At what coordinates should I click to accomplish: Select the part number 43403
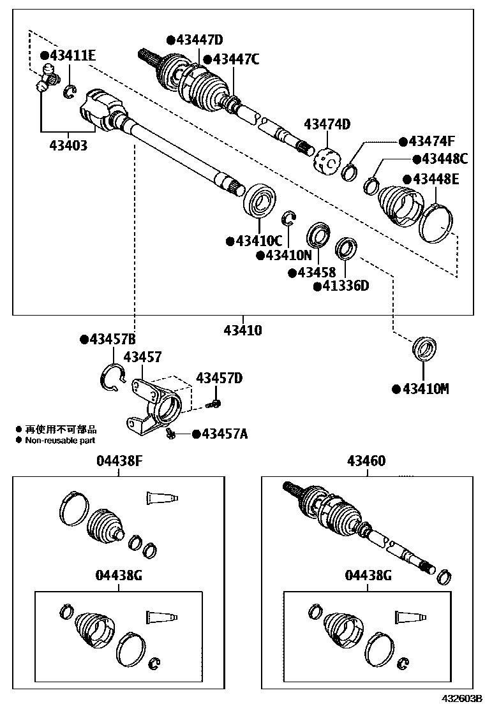click(68, 145)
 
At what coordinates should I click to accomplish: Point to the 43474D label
click(327, 124)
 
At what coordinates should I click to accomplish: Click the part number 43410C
click(258, 241)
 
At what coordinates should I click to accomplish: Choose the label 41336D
click(345, 286)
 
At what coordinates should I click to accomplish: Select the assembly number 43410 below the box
click(243, 330)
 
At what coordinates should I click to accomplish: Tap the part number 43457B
click(111, 339)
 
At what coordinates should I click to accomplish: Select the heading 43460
click(366, 461)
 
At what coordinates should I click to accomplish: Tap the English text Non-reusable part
click(61, 440)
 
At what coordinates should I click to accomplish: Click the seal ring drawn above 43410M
click(422, 347)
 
